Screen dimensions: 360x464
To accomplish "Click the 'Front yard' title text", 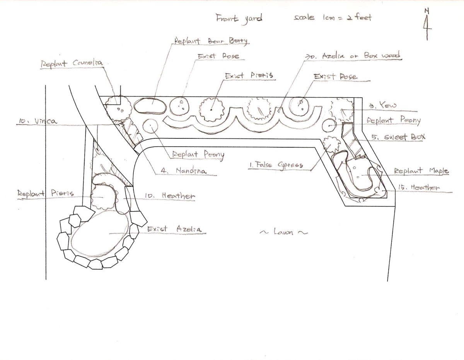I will click(239, 18).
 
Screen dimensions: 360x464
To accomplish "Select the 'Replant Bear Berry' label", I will click(211, 41).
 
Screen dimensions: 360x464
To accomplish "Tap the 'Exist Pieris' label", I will click(249, 75).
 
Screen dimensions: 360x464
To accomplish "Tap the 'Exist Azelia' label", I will click(174, 229).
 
